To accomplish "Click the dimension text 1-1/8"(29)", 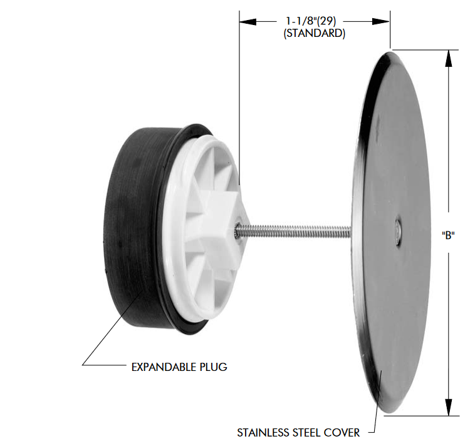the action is point(311,21).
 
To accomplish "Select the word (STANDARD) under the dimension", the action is point(314,33).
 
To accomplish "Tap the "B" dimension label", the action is point(448,235).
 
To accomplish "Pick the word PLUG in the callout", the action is point(213,367).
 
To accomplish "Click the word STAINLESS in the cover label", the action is point(263,433).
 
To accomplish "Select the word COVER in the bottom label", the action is point(342,433).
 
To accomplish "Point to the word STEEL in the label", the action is point(306,433).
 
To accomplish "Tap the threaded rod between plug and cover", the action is point(295,231).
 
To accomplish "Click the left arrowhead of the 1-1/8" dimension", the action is point(248,21).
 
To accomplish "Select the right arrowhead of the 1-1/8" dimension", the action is point(381,21).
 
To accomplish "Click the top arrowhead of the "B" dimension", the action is point(449,58).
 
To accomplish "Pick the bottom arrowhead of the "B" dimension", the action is point(449,407).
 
